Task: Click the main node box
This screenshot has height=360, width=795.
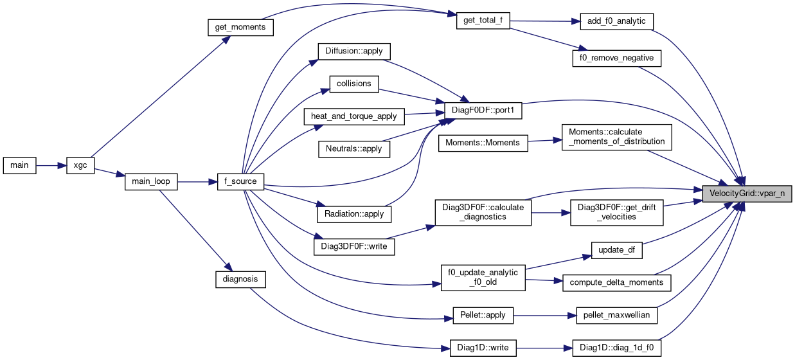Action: click(19, 165)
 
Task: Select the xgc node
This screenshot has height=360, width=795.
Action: click(81, 165)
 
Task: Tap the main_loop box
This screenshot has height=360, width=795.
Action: click(150, 181)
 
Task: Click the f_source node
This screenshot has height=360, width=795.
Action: click(241, 181)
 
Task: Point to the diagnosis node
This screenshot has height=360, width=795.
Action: click(240, 279)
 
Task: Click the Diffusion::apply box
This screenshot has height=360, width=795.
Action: click(354, 51)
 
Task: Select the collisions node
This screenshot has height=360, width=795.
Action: click(354, 84)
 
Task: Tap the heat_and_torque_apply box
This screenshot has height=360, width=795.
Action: click(354, 116)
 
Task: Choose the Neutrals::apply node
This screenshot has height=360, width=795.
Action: click(354, 148)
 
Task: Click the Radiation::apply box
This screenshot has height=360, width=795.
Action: click(354, 213)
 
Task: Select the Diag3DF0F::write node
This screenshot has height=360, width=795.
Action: click(353, 246)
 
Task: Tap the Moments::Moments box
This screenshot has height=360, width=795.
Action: click(483, 142)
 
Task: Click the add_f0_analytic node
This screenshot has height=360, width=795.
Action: click(616, 21)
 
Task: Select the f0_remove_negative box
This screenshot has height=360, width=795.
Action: click(616, 58)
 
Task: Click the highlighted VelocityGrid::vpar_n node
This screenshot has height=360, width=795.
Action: click(746, 193)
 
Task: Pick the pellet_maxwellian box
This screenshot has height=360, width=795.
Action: click(616, 316)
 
